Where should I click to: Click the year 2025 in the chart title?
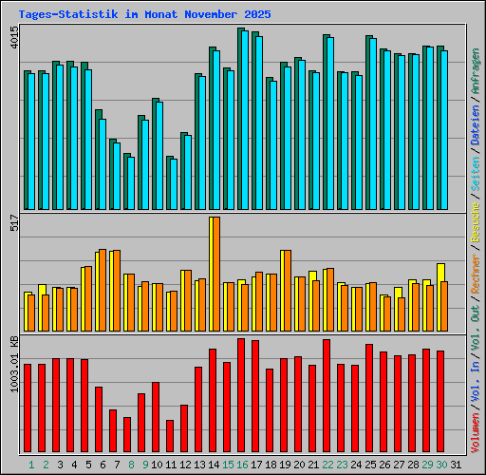pos(255,15)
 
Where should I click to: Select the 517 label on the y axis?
pos(13,224)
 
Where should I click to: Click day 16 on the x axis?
pos(242,465)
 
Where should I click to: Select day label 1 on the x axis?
pos(31,465)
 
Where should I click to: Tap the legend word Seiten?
pos(475,189)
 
